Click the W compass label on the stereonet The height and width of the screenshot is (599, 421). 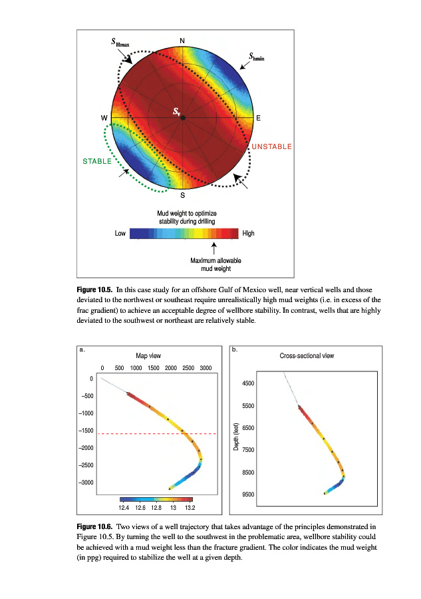point(104,118)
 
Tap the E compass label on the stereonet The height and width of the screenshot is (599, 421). point(259,118)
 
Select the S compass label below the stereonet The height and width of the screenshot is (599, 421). point(183,195)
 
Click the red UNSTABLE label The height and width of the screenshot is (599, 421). point(271,146)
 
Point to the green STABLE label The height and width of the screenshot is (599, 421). point(96,162)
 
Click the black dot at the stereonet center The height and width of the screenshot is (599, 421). point(183,118)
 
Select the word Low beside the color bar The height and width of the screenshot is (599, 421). point(120,234)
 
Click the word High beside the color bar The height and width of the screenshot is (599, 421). point(249,234)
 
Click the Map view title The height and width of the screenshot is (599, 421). point(148,356)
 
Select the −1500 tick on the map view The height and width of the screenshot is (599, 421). point(86,431)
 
